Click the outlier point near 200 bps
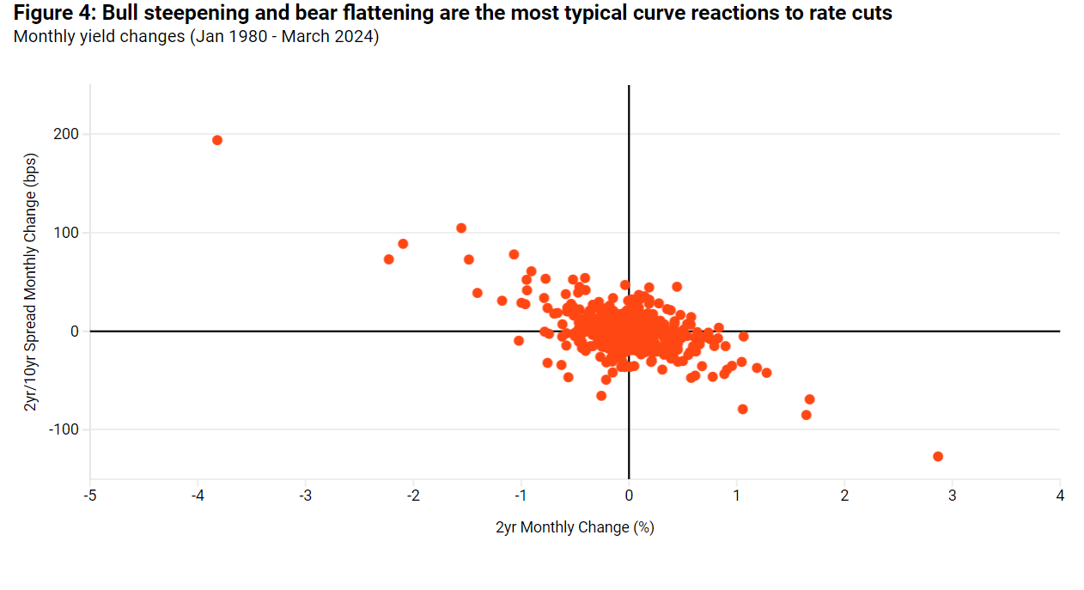pos(217,140)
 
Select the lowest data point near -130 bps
pos(937,456)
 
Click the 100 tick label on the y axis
pos(67,233)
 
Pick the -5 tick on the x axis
pos(89,496)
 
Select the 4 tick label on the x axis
pos(1060,496)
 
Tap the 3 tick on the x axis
pos(952,496)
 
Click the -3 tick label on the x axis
pos(305,496)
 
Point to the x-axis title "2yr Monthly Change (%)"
pos(575,527)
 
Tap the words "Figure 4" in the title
pos(51,15)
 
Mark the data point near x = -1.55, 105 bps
pos(461,228)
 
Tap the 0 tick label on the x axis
pos(629,496)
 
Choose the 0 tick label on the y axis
pos(74,331)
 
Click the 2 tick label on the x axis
pos(844,496)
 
